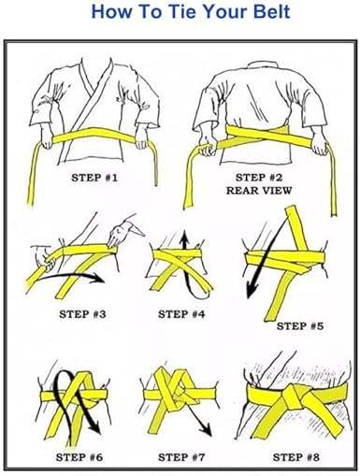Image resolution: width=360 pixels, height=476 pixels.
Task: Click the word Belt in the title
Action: (271, 11)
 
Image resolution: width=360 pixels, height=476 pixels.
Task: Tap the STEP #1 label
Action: (94, 178)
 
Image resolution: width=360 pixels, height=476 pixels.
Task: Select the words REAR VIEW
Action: (259, 190)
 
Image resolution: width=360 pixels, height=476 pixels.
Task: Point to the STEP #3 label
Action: (82, 314)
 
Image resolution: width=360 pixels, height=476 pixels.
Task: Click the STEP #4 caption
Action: (181, 314)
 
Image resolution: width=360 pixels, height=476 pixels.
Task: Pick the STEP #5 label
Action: (300, 326)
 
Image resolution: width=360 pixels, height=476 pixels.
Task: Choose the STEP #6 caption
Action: (79, 457)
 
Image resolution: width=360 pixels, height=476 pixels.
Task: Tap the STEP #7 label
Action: (181, 457)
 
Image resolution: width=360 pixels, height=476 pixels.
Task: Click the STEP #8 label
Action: (296, 457)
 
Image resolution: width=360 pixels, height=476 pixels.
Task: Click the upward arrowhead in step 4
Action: (185, 236)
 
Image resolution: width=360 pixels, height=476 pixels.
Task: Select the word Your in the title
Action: (225, 11)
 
